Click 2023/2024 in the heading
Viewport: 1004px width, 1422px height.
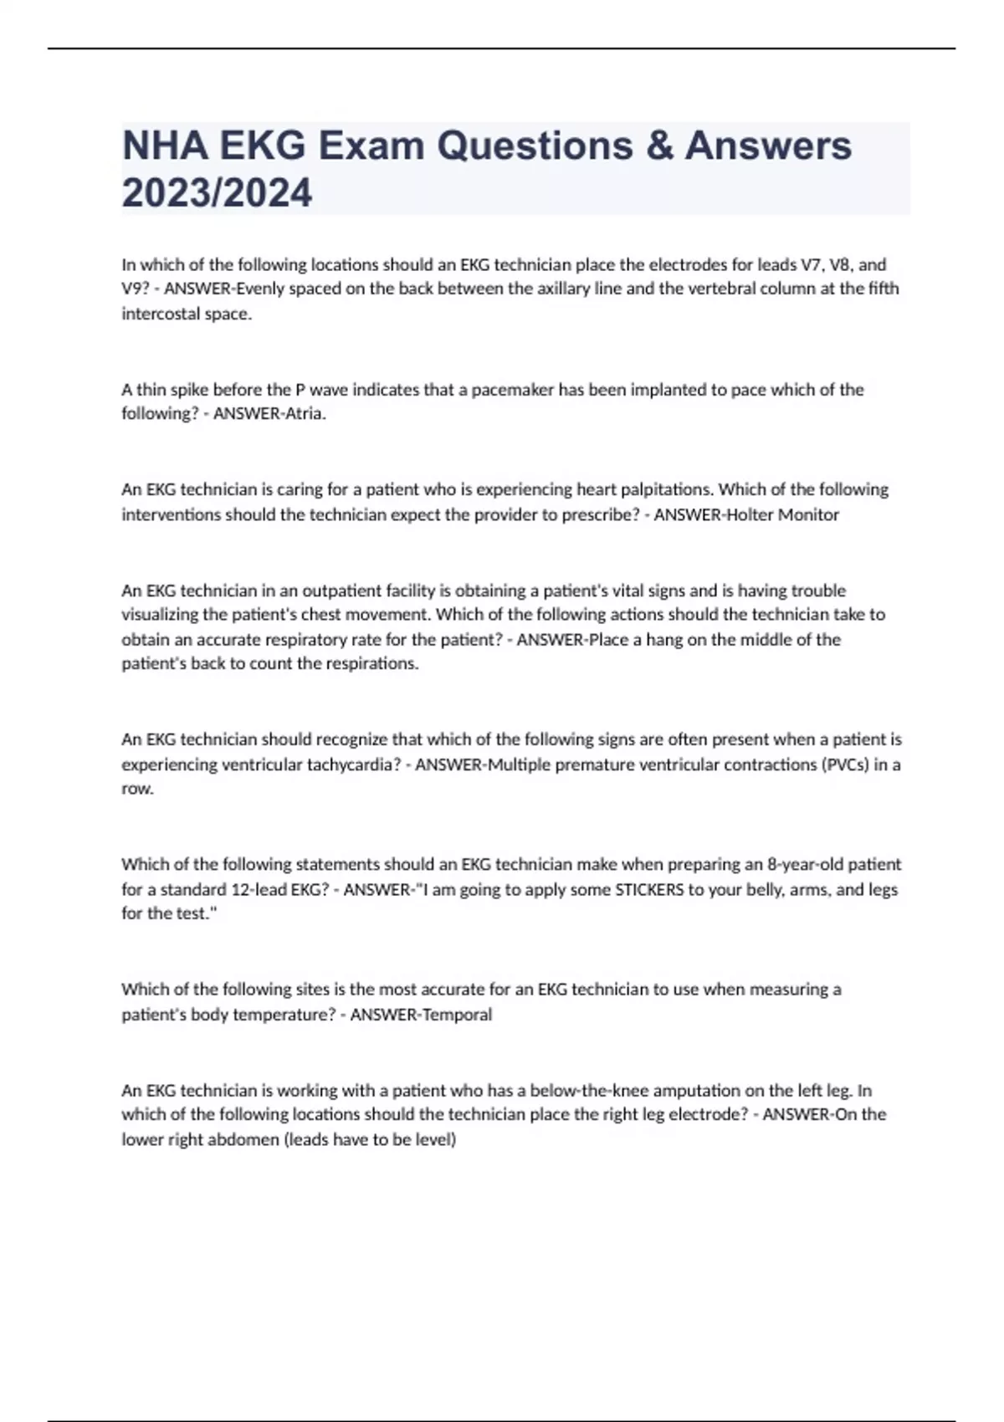[217, 192]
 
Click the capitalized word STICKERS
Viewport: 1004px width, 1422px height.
[649, 889]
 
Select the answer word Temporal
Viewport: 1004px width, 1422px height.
[457, 1014]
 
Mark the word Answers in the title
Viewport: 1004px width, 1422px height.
[768, 146]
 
